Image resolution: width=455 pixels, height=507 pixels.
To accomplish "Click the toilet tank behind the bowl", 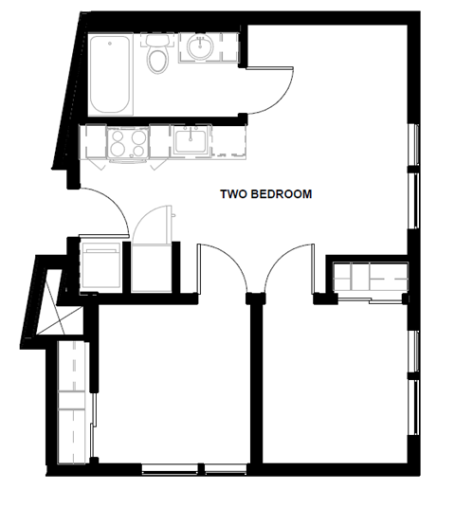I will coord(157,42).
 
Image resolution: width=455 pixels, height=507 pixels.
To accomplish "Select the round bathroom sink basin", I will coord(199,46).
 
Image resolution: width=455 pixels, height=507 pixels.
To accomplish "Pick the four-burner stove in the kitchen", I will coord(127,144).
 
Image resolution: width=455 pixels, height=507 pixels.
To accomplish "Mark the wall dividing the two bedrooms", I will coord(255,379).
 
